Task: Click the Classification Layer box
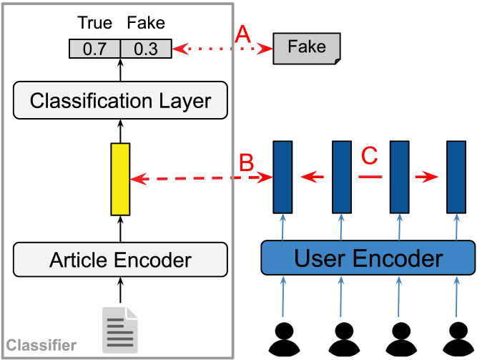120,100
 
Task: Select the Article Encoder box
120,260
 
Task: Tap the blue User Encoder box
368,258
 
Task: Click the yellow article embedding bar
120,179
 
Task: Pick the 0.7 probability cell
94,49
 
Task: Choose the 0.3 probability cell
145,49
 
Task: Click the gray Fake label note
306,48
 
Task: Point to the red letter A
244,33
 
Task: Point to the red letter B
245,162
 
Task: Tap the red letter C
369,155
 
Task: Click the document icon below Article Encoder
119,329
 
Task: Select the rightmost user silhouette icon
457,340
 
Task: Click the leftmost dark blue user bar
282,177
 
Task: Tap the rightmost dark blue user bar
456,177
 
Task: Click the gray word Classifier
41,346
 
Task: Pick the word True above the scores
94,23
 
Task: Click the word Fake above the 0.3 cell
146,23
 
